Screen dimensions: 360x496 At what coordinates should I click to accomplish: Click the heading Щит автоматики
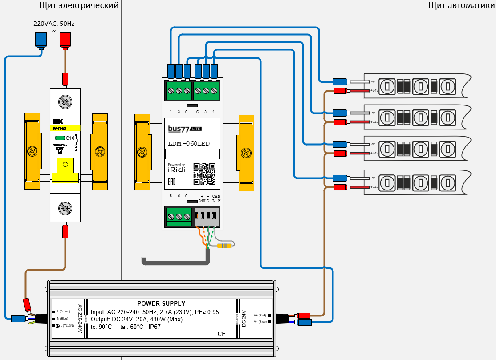[x=461, y=5]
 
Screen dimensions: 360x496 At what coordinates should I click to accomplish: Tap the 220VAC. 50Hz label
[x=54, y=23]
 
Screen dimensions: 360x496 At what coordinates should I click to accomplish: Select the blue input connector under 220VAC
[x=41, y=40]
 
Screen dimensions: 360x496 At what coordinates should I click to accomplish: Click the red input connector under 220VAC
[x=65, y=40]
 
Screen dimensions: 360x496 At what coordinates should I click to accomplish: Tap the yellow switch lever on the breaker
[x=65, y=171]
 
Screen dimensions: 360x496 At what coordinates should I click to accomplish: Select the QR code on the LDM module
[x=204, y=174]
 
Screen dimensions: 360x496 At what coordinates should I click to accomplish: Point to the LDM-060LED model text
[x=188, y=143]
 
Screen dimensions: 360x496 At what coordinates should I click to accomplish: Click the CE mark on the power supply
[x=221, y=334]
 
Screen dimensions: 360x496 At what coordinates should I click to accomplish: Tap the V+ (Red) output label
[x=260, y=315]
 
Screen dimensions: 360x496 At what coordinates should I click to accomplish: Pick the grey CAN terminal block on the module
[x=206, y=217]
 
